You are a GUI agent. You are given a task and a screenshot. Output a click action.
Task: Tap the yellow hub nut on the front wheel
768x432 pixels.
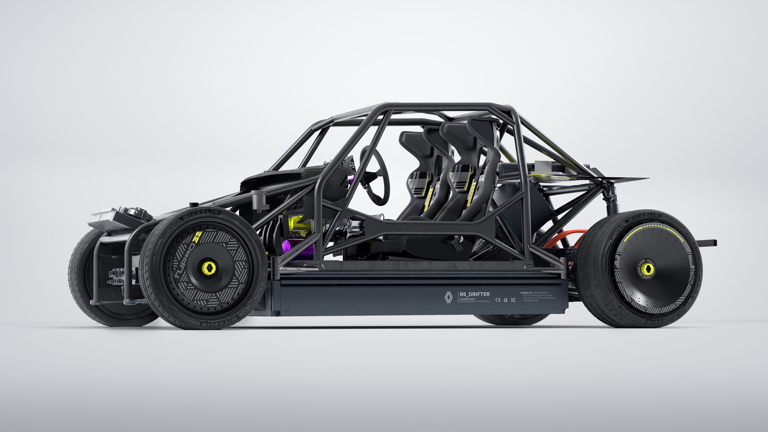tap(209, 268)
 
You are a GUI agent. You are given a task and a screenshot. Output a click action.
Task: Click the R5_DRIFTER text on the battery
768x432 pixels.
tap(474, 294)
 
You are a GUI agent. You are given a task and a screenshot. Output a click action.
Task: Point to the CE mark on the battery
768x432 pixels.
tap(497, 300)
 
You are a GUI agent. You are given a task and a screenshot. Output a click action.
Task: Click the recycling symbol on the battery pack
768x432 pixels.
tap(505, 300)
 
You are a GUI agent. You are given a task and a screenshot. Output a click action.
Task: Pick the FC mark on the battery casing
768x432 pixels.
tap(513, 300)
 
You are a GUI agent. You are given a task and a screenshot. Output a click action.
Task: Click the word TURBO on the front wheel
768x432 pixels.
tap(183, 259)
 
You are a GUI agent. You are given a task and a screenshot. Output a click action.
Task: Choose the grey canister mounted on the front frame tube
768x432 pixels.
tap(259, 201)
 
